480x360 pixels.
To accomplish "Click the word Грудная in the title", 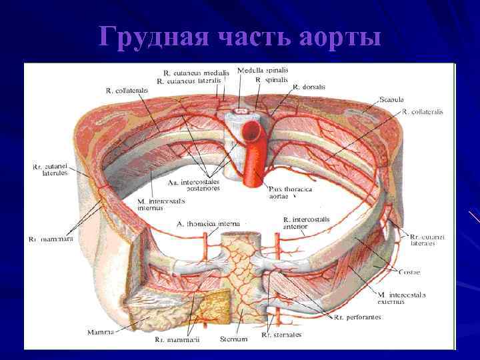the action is (x=148, y=37).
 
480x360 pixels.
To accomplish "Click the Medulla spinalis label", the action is (x=260, y=71).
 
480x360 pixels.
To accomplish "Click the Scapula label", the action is (x=391, y=100).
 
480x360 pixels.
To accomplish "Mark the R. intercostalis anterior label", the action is (x=304, y=223).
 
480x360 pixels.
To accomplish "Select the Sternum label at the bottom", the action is (x=233, y=339).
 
